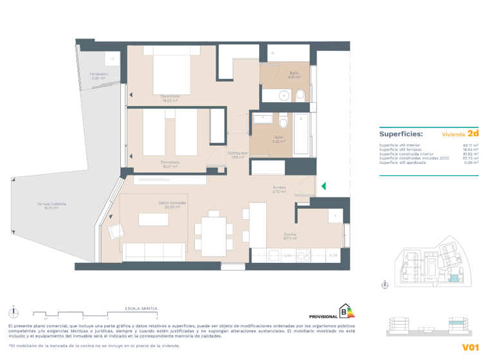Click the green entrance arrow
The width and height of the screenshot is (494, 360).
pyautogui.click(x=324, y=186)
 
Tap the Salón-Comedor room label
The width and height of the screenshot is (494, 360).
pyautogui.click(x=170, y=205)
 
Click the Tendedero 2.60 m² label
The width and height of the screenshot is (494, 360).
pyautogui.click(x=98, y=76)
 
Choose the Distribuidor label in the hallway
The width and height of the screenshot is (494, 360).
pyautogui.click(x=237, y=155)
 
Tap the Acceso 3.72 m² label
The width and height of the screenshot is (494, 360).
pyautogui.click(x=279, y=190)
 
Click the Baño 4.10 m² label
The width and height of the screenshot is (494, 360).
pyautogui.click(x=295, y=75)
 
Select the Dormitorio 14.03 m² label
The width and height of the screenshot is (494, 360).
pyautogui.click(x=170, y=98)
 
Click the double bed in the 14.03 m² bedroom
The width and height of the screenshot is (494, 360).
pyautogui.click(x=170, y=73)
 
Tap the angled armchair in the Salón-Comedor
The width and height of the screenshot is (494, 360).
pyautogui.click(x=116, y=230)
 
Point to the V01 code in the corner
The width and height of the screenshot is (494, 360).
pyautogui.click(x=471, y=347)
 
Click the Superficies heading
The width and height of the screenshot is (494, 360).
pyautogui.click(x=401, y=134)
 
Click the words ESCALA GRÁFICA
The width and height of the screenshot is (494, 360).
pyautogui.click(x=142, y=309)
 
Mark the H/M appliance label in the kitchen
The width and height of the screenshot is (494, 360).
pyautogui.click(x=333, y=256)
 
